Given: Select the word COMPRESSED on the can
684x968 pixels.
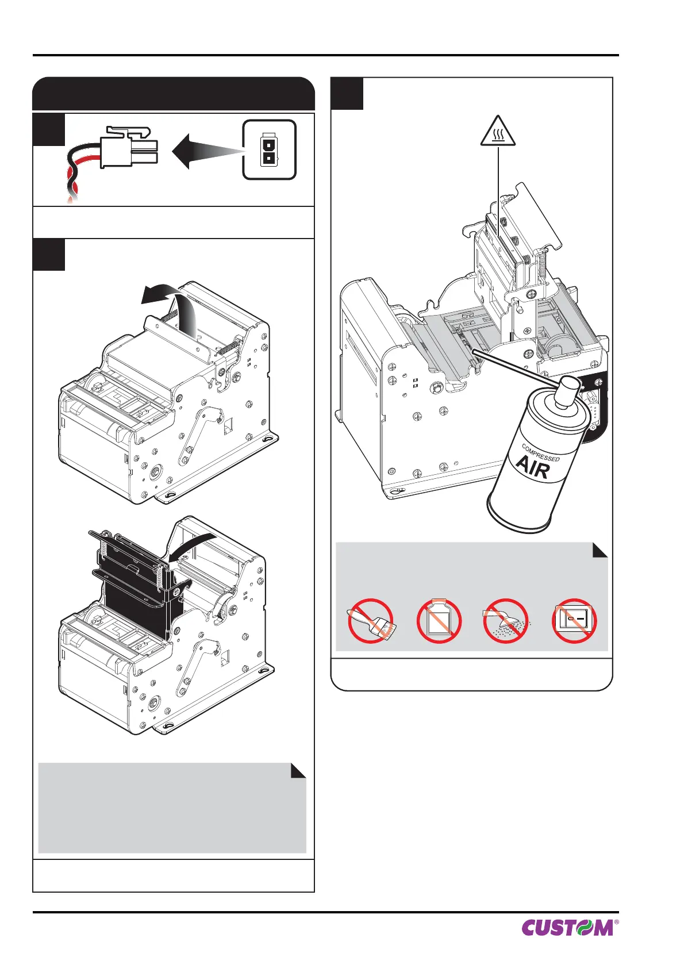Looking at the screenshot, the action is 540,452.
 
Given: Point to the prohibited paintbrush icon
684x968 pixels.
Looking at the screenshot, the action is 371,621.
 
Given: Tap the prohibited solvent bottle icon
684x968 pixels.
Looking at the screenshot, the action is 439,621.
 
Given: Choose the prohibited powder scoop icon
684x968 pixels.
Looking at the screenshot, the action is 506,621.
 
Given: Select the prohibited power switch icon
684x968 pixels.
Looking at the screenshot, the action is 575,621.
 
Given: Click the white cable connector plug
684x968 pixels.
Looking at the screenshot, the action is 129,147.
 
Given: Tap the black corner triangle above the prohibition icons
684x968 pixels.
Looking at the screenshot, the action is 600,550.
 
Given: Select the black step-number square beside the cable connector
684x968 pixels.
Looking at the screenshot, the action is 49,130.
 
